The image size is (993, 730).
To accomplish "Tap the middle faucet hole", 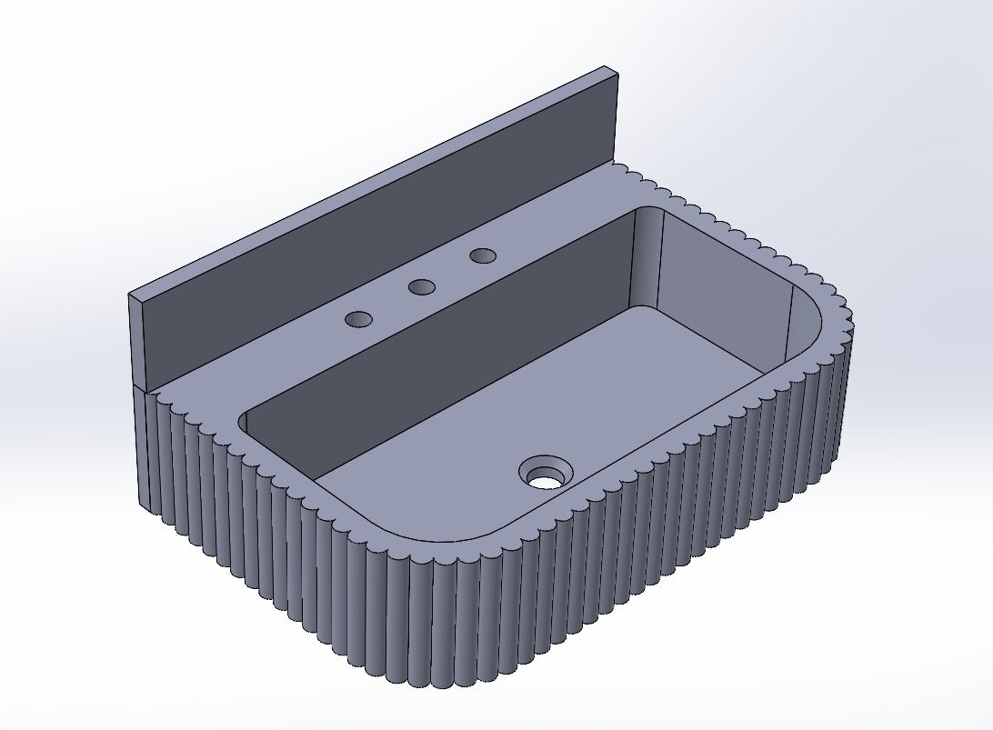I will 421,287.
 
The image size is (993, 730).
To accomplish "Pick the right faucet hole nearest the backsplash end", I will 483,255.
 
